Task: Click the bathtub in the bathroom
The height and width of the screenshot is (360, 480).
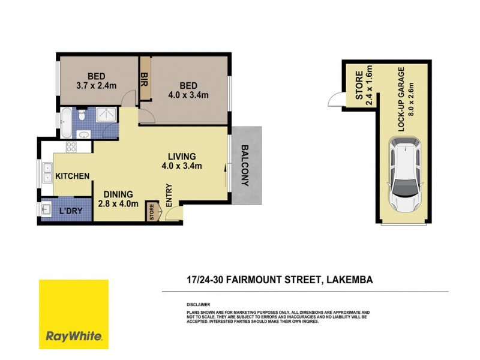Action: coord(67,123)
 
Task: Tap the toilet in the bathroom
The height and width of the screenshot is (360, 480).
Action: coord(83,113)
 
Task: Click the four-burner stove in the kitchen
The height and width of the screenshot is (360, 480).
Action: coord(70,146)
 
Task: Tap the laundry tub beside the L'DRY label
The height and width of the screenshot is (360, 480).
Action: coord(48,209)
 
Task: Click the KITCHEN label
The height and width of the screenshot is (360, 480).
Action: coord(73,176)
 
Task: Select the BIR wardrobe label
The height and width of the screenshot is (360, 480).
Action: coord(144,79)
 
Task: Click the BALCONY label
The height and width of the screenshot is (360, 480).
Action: coord(245,166)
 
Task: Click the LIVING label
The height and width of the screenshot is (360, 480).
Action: coord(182,156)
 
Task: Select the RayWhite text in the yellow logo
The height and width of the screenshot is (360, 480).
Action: coord(73,336)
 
